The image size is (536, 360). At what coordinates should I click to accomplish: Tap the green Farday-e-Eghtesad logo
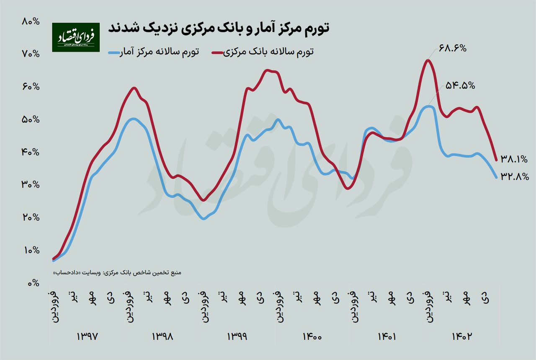click(76, 37)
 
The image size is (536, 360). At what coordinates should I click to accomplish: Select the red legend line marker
click(220, 52)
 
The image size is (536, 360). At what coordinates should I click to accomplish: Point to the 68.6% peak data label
click(453, 48)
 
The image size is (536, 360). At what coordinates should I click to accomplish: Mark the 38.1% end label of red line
click(514, 159)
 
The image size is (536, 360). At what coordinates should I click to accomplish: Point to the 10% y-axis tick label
click(30, 250)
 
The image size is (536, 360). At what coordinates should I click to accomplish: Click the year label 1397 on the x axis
click(89, 337)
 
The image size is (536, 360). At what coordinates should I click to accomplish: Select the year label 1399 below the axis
click(237, 337)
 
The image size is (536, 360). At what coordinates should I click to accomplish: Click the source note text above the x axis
click(118, 273)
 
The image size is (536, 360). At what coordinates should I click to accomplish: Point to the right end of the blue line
click(496, 177)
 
